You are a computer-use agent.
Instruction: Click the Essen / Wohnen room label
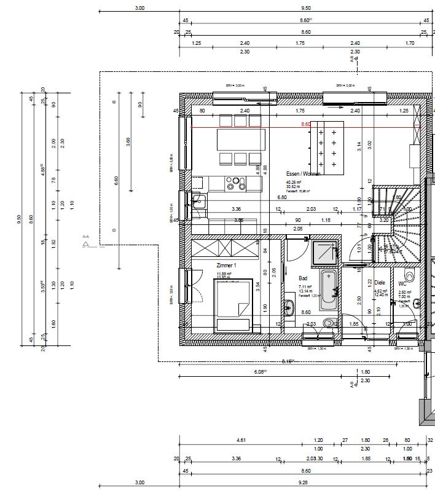coord(303,174)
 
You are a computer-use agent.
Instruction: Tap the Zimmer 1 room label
coord(226,265)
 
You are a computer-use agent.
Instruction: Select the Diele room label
coord(379,283)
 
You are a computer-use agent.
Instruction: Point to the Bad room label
coord(303,278)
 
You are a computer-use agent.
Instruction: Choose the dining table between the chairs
coord(241,140)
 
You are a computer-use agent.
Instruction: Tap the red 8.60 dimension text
coord(305,124)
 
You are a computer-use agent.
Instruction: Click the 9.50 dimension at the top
coord(305,8)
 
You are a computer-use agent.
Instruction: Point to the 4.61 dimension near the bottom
coord(241,440)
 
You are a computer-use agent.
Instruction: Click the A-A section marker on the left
coord(86,240)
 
